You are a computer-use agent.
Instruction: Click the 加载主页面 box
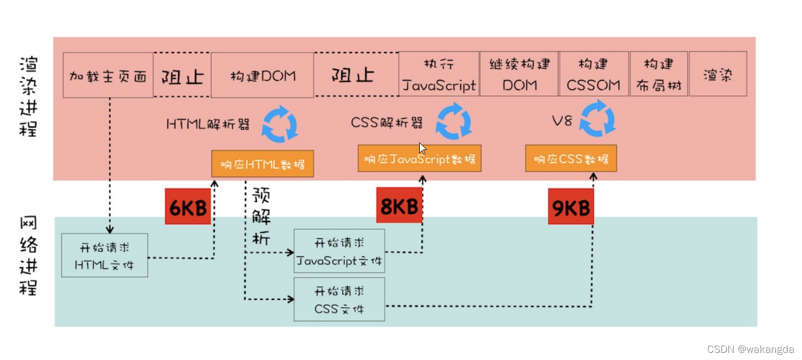tap(108, 75)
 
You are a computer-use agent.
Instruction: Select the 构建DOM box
tap(262, 75)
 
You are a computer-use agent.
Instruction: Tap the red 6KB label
tap(188, 207)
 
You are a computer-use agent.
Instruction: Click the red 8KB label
tap(399, 206)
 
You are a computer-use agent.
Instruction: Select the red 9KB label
tap(570, 207)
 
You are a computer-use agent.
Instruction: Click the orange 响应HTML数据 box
tap(262, 164)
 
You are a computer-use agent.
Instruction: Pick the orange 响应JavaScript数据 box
tap(419, 159)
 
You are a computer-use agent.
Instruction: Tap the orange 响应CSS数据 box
tap(571, 159)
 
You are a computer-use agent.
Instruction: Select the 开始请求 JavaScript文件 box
tap(339, 251)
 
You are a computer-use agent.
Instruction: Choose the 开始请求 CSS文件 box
tap(339, 299)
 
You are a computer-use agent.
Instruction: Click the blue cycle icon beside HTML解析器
tap(280, 124)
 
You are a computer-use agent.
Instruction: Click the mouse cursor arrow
tap(423, 149)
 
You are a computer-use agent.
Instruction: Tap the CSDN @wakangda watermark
tap(750, 350)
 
